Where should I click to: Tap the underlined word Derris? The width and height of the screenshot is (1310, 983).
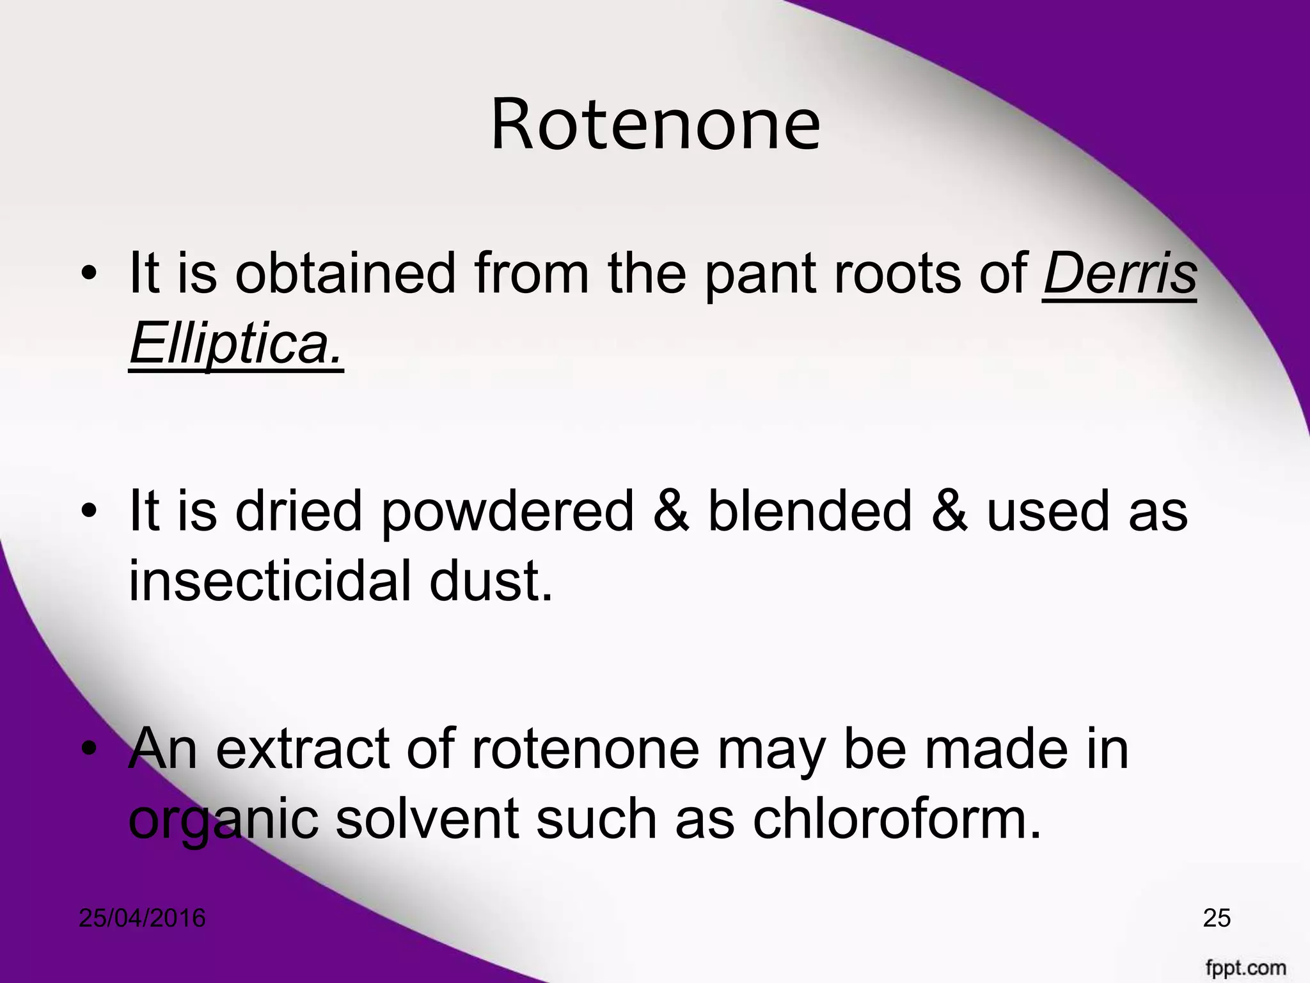[x=1119, y=273]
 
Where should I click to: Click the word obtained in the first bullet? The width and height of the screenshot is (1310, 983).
[x=345, y=273]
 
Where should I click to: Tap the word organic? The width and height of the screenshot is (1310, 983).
[x=223, y=821]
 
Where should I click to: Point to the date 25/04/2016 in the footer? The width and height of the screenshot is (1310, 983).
[x=142, y=918]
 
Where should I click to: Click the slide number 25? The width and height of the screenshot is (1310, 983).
[x=1217, y=918]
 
